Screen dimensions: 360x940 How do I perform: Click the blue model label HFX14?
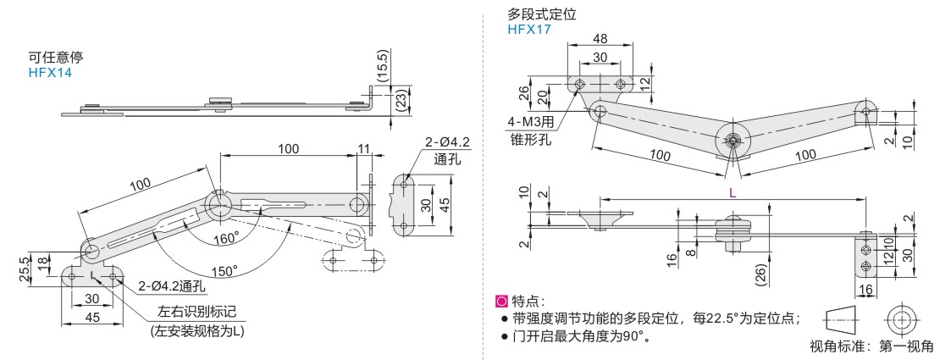50,74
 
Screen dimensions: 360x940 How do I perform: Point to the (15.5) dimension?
384,65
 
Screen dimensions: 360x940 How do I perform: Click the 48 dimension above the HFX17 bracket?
600,38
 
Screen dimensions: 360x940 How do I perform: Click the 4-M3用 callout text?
531,122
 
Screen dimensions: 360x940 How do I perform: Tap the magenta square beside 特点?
500,300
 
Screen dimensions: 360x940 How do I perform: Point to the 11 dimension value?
364,149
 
